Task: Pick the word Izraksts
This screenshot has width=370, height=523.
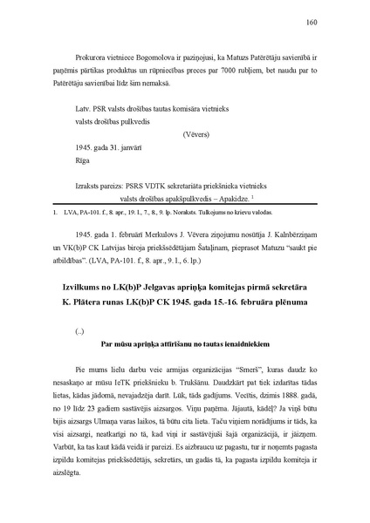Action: click(x=71, y=187)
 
